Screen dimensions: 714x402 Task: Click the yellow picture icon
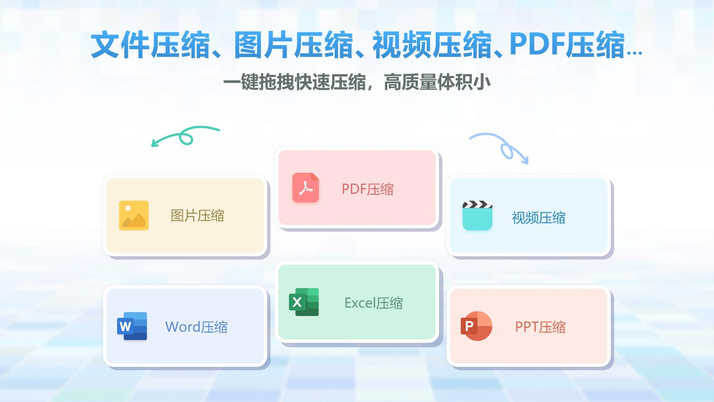[134, 216]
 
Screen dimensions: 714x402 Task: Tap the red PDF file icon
[306, 188]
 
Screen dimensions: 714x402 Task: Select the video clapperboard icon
[477, 216]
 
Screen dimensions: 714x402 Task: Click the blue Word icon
[132, 326]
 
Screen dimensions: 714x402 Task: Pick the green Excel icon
[304, 302]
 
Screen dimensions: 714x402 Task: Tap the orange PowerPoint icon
[476, 326]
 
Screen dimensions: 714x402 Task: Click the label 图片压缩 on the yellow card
[197, 216]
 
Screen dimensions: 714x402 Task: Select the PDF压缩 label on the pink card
[367, 189]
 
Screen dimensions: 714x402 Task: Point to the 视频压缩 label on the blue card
[539, 218]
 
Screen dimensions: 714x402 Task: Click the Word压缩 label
[196, 327]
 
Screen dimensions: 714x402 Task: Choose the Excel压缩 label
[374, 303]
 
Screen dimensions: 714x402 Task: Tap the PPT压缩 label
[541, 327]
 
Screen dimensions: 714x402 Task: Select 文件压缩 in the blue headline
[150, 45]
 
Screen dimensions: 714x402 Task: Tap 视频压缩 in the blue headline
[432, 45]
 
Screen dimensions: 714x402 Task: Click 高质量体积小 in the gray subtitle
[437, 82]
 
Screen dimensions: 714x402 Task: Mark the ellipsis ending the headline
[634, 54]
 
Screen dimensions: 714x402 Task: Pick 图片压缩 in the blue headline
[293, 45]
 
